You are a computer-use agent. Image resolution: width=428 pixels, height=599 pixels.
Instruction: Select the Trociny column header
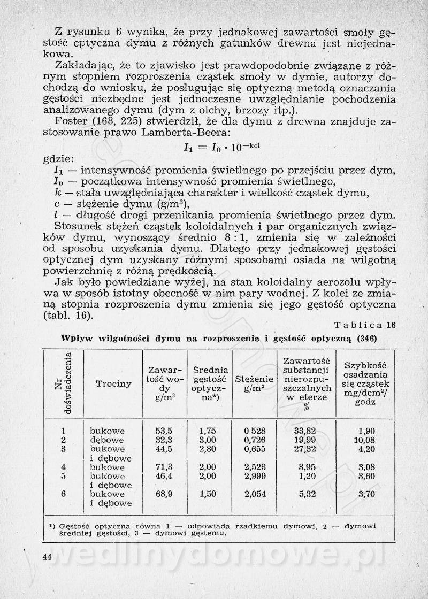point(113,384)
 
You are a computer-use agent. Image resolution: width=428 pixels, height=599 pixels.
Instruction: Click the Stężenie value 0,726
point(255,440)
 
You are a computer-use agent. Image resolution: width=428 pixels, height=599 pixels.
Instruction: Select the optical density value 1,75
point(207,431)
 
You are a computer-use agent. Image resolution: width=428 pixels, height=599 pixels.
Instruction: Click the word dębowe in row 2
point(108,440)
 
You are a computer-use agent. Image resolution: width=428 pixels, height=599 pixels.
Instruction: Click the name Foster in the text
point(68,122)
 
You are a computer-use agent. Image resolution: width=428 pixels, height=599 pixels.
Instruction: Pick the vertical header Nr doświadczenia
point(63,384)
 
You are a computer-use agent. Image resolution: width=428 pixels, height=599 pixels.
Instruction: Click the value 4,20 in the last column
point(366,449)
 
